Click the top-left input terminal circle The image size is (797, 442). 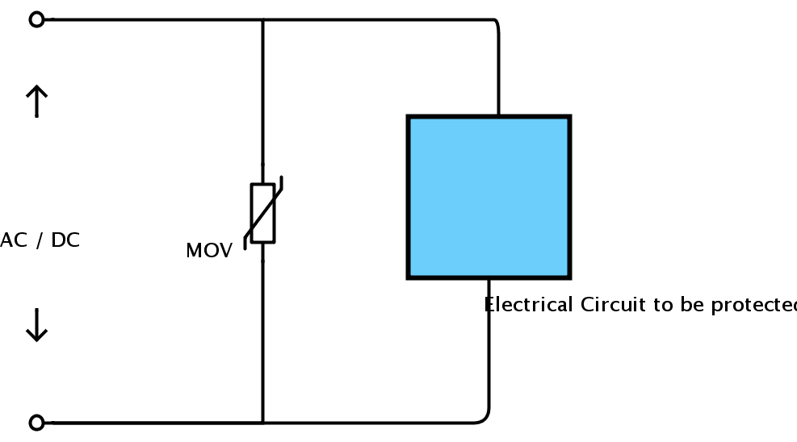pos(36,19)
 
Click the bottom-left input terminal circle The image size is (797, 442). pos(36,422)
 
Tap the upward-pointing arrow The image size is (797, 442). pos(36,102)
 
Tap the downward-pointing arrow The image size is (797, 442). pos(36,325)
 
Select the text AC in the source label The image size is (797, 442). pos(13,240)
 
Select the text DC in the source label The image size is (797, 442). pos(65,240)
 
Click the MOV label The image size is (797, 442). pos(208,251)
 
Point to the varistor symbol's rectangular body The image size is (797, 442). pos(262,213)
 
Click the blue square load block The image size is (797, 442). pos(489,198)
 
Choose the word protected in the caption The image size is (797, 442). pos(751,306)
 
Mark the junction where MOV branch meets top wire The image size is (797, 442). pos(262,19)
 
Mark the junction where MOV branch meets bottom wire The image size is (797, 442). pos(262,422)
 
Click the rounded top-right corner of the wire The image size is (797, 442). pos(495,23)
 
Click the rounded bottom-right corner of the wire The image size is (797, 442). pos(484,418)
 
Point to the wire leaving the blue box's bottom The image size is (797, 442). pos(489,347)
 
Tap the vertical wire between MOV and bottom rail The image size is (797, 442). pos(262,339)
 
